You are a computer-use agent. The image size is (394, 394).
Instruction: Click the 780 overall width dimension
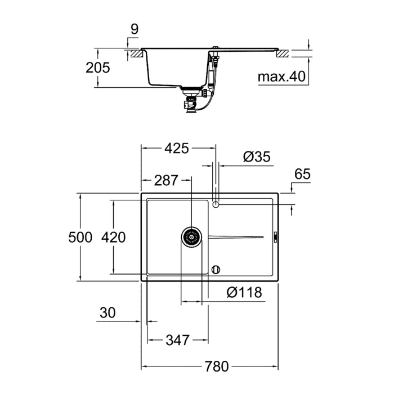(x=217, y=366)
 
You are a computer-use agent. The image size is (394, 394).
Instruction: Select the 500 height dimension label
(x=80, y=237)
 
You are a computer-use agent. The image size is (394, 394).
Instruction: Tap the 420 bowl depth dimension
(x=113, y=237)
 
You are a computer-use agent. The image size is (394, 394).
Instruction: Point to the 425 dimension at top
(x=177, y=148)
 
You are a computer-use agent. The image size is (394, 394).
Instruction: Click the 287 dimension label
(x=166, y=181)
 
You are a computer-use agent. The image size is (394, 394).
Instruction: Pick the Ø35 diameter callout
(x=257, y=156)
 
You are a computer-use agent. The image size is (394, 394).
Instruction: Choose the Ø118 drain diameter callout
(x=244, y=292)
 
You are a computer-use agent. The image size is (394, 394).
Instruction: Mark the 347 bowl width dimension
(x=177, y=340)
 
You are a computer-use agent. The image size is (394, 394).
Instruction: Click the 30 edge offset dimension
(x=108, y=313)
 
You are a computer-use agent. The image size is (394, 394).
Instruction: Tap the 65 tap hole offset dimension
(x=302, y=174)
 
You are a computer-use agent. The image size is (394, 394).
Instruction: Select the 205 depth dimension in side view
(x=98, y=68)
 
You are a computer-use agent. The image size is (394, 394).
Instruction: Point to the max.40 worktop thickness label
(x=281, y=77)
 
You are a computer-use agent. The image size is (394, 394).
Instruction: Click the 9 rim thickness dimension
(x=135, y=29)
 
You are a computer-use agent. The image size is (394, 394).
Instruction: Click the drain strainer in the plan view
(x=191, y=237)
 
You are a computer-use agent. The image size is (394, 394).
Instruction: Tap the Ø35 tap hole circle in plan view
(x=216, y=205)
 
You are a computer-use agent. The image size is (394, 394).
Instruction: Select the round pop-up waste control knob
(x=216, y=270)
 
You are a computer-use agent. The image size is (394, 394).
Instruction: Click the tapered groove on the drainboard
(x=236, y=237)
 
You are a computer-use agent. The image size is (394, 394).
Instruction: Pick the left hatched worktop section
(x=137, y=54)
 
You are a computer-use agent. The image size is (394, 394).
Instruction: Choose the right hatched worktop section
(x=283, y=54)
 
